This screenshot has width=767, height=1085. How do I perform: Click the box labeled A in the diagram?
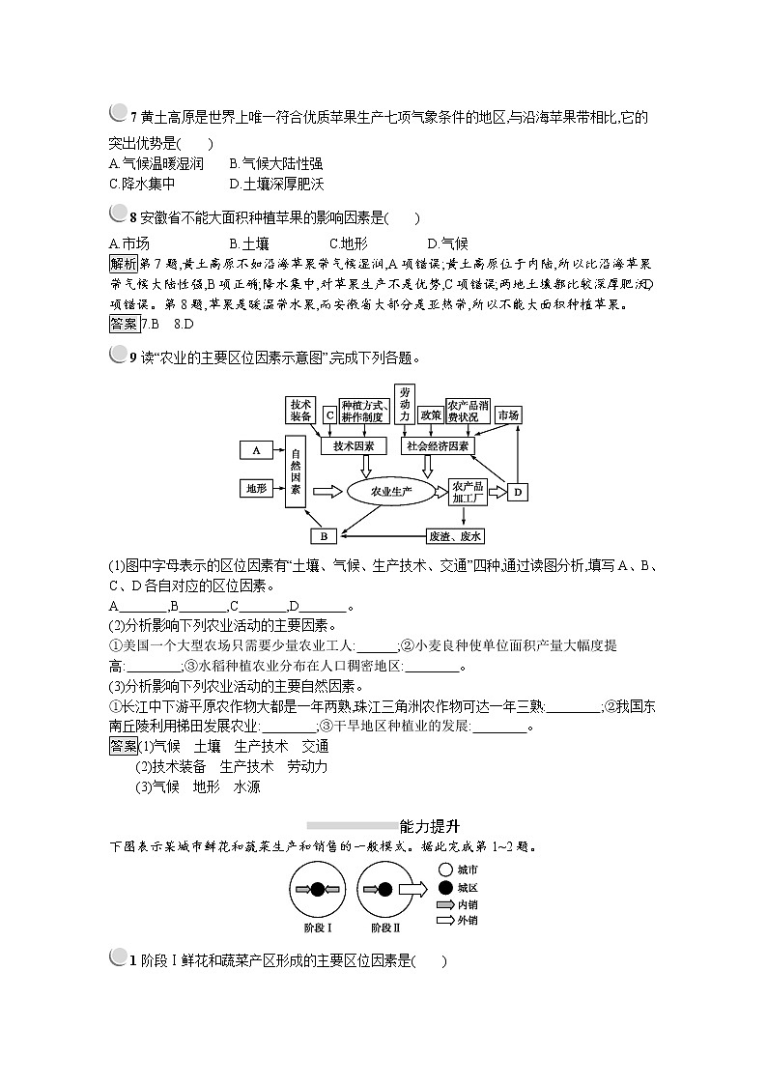pyautogui.click(x=257, y=450)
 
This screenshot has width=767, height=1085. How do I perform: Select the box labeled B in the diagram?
pyautogui.click(x=325, y=535)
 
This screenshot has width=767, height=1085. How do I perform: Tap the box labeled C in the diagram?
pyautogui.click(x=329, y=415)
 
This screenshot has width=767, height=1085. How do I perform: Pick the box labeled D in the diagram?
pyautogui.click(x=518, y=493)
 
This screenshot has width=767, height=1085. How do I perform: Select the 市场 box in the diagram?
pyautogui.click(x=508, y=414)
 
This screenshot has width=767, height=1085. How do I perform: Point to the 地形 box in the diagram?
pyautogui.click(x=255, y=489)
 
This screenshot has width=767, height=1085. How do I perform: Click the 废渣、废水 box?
pyautogui.click(x=455, y=535)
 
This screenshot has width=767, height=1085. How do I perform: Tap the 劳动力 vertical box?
pyautogui.click(x=404, y=404)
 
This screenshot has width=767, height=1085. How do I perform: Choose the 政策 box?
pyautogui.click(x=431, y=414)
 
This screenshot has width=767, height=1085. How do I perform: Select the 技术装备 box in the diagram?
pyautogui.click(x=300, y=411)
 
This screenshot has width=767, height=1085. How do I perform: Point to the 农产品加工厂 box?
pyautogui.click(x=468, y=492)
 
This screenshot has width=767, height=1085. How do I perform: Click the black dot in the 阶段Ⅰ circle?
pyautogui.click(x=318, y=889)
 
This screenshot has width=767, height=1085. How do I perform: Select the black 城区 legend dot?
pyautogui.click(x=444, y=887)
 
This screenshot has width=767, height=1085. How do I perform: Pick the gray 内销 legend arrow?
pyautogui.click(x=444, y=904)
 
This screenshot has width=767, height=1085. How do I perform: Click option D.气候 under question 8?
pyautogui.click(x=447, y=243)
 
